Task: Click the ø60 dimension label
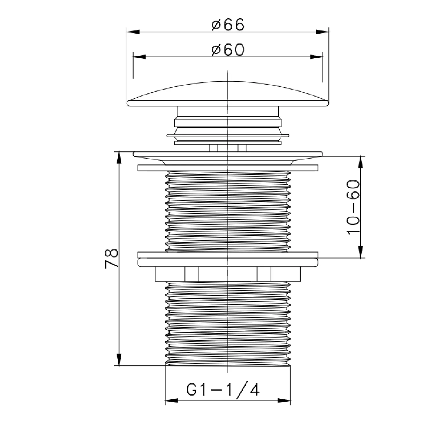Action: pos(228,50)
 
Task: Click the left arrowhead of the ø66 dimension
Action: pos(134,32)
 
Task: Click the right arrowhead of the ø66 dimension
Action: pos(322,32)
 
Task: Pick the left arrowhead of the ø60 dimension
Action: pos(139,57)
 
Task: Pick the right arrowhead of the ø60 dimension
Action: pos(316,57)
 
